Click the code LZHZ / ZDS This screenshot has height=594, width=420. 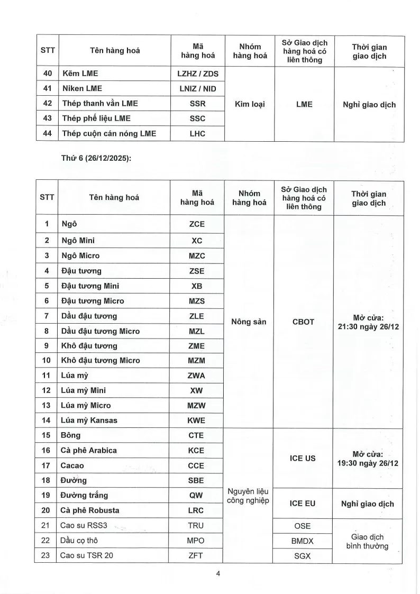(197, 74)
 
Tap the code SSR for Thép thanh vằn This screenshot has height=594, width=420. (197, 104)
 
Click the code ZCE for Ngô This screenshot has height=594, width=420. (197, 224)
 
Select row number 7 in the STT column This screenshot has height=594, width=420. (47, 316)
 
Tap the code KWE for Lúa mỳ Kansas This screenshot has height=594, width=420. (197, 421)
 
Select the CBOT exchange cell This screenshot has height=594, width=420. (303, 322)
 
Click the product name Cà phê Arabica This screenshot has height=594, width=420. (88, 450)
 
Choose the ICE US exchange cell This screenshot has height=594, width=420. (303, 458)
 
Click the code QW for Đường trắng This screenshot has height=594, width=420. (197, 495)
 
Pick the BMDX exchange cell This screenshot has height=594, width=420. (303, 541)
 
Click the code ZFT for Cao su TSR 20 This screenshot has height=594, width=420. (197, 555)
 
